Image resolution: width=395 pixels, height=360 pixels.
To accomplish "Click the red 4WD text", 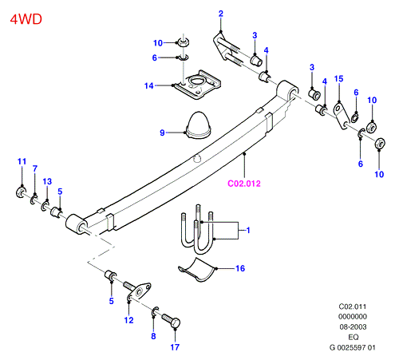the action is (26, 19).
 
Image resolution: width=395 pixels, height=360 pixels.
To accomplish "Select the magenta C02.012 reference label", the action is (244, 184).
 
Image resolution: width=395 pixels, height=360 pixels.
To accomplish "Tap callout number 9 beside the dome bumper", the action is (162, 133).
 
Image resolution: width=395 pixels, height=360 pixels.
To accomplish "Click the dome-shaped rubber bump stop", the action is (199, 125).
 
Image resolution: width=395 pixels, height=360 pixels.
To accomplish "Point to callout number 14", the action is (149, 85).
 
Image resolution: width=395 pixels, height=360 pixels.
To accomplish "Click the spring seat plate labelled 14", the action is (198, 84).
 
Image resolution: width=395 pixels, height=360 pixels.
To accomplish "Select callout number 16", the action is (240, 268).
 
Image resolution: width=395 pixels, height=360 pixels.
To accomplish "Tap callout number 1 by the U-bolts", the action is (248, 230).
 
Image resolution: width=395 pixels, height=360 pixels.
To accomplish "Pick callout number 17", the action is (175, 347).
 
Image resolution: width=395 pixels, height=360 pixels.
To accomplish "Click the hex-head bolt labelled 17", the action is (171, 320).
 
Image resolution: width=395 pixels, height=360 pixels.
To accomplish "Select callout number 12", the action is (128, 320).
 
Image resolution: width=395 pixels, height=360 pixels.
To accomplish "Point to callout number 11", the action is (22, 161).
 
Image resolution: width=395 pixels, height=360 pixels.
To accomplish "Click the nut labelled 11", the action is (21, 192).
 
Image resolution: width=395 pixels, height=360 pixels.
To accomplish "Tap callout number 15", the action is (338, 79).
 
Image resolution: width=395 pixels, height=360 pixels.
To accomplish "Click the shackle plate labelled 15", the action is (342, 117).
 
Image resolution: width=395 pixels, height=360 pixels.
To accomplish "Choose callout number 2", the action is (221, 14).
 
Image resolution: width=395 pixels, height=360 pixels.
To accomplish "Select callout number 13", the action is (47, 181).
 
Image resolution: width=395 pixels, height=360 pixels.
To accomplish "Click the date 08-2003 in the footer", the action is (353, 326).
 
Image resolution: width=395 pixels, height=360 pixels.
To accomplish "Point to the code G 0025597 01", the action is (353, 347).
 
